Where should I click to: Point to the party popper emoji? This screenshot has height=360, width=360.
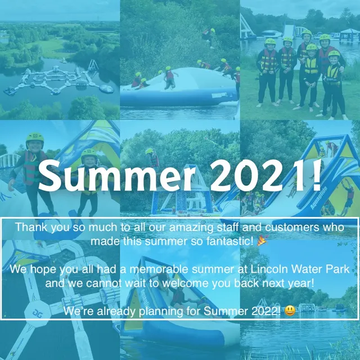point(262,241)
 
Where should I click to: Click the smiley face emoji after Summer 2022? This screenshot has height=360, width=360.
point(289,311)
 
